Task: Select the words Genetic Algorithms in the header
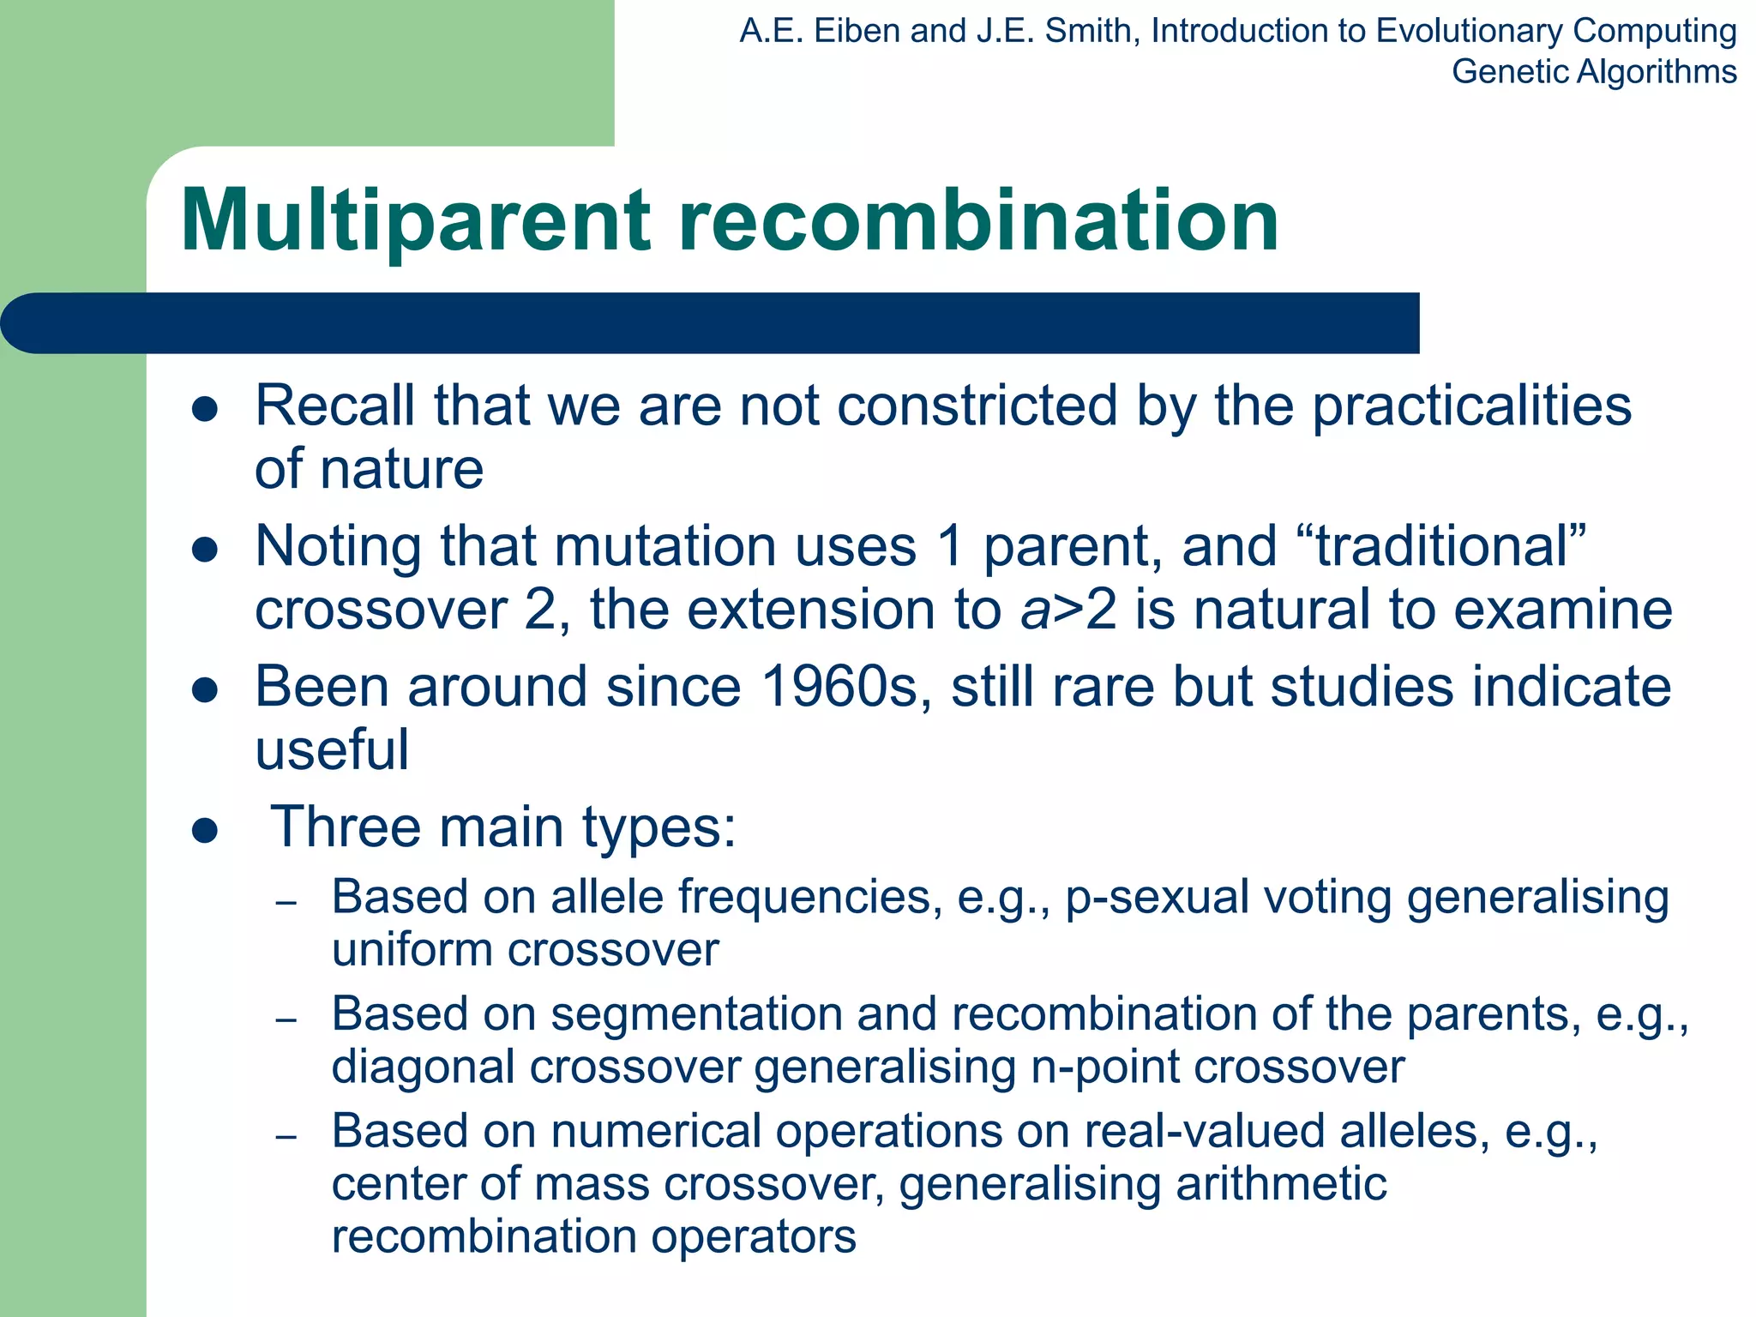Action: tap(1594, 72)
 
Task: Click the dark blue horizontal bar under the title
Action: tap(712, 323)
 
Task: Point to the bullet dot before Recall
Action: tap(205, 409)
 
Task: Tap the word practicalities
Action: tap(1471, 406)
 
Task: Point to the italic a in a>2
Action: tap(1035, 610)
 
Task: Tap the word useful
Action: tap(332, 749)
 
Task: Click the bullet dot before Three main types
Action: tap(205, 830)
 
